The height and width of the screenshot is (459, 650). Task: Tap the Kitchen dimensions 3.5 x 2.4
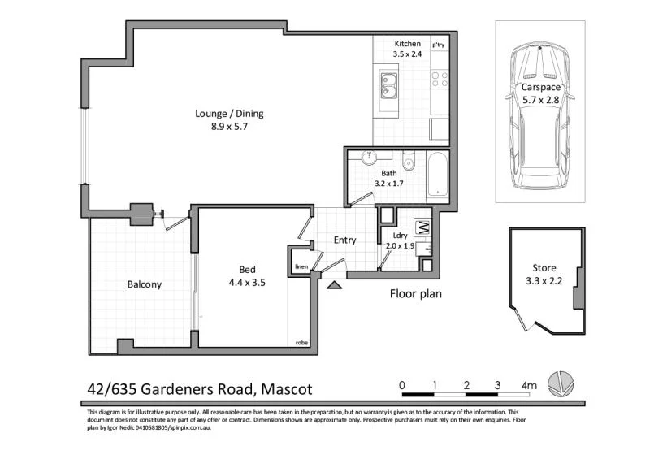407,54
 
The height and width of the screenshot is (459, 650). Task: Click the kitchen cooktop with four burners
440,80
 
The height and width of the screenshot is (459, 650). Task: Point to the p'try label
439,44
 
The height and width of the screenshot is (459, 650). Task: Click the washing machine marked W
422,227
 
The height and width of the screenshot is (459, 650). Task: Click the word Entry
344,240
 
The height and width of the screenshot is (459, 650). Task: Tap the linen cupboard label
300,266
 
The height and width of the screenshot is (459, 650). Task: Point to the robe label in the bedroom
302,343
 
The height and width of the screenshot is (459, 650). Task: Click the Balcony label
145,284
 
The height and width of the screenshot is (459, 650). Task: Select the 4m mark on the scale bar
529,384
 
